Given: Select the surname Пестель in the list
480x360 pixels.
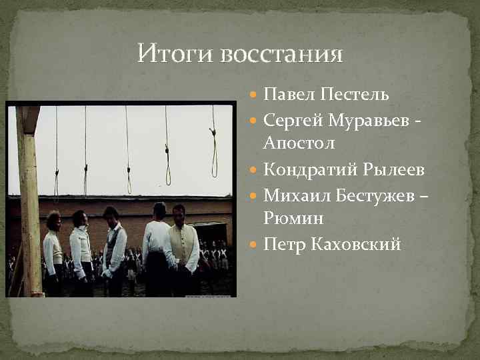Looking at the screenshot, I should click(351, 94).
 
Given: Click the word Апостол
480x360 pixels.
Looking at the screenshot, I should click(299, 143).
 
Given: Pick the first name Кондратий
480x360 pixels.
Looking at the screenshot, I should click(308, 171).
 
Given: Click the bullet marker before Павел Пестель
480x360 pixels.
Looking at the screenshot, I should click(255, 95).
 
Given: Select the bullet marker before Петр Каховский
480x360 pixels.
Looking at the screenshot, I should click(255, 245).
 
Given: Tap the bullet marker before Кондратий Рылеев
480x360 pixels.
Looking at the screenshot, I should click(255, 171).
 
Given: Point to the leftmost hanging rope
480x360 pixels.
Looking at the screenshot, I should click(56, 153).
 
